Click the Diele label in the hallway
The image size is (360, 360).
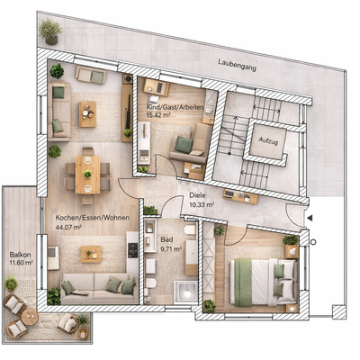[x=199, y=196]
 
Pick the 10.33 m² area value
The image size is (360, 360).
[x=201, y=205]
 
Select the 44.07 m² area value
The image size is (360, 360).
[x=68, y=228]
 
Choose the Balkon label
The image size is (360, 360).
[x=20, y=254]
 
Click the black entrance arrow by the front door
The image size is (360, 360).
[x=310, y=217]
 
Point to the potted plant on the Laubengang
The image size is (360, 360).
[x=50, y=31]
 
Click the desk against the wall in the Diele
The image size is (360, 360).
[x=241, y=194]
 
